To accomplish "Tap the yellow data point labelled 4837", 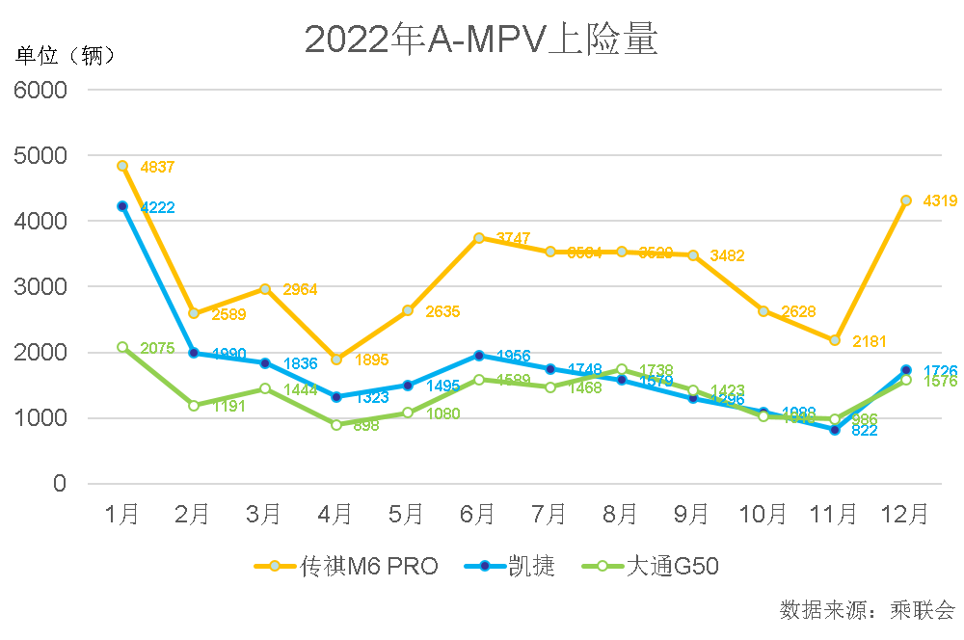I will point(122,166).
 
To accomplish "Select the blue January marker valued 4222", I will point(122,206).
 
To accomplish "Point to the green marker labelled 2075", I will point(122,347).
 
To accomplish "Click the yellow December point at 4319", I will point(906,200).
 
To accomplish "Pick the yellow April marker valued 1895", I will point(336,360).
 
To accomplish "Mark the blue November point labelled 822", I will point(835,430).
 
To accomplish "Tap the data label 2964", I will point(300,289).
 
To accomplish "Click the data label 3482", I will point(727,256).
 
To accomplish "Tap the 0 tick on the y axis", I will point(60,484).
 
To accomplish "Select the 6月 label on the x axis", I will point(479,514).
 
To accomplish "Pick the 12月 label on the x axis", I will point(906,514).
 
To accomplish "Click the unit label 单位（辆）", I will point(66,55).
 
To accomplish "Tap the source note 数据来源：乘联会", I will point(867,610).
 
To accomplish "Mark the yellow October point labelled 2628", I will point(763,311).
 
